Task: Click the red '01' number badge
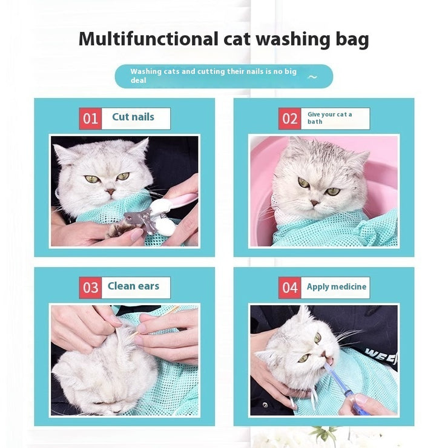(90, 119)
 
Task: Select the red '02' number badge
(290, 119)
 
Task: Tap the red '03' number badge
(90, 288)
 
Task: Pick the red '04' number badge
(290, 288)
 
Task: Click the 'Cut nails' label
(133, 117)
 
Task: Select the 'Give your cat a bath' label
(330, 118)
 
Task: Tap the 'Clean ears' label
(133, 286)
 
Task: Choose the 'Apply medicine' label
(336, 287)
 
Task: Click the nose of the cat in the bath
(315, 202)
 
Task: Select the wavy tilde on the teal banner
(312, 77)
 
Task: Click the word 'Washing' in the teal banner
(146, 71)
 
